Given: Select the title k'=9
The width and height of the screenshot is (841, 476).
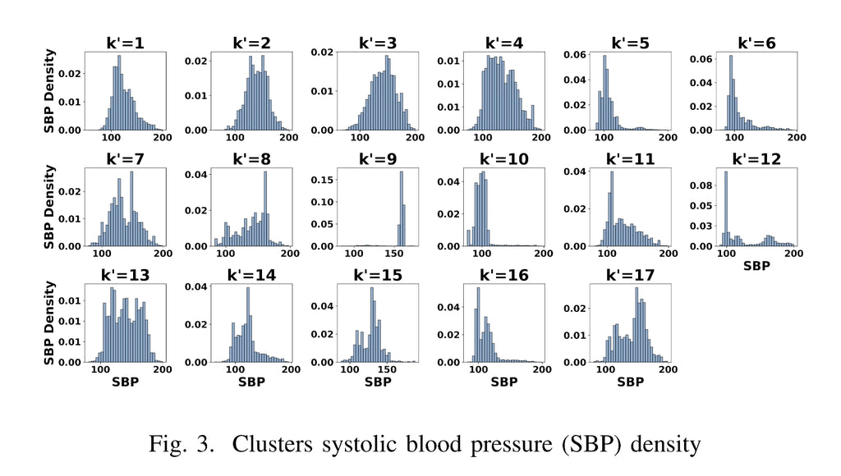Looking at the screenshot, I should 379,159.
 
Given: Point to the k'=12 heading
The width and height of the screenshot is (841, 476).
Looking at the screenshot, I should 759,159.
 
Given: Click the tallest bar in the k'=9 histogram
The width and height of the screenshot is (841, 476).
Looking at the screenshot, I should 402,208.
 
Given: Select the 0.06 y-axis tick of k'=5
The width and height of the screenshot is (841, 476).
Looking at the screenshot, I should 573,54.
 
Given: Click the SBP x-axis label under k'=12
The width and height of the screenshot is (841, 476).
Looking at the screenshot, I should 758,266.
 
